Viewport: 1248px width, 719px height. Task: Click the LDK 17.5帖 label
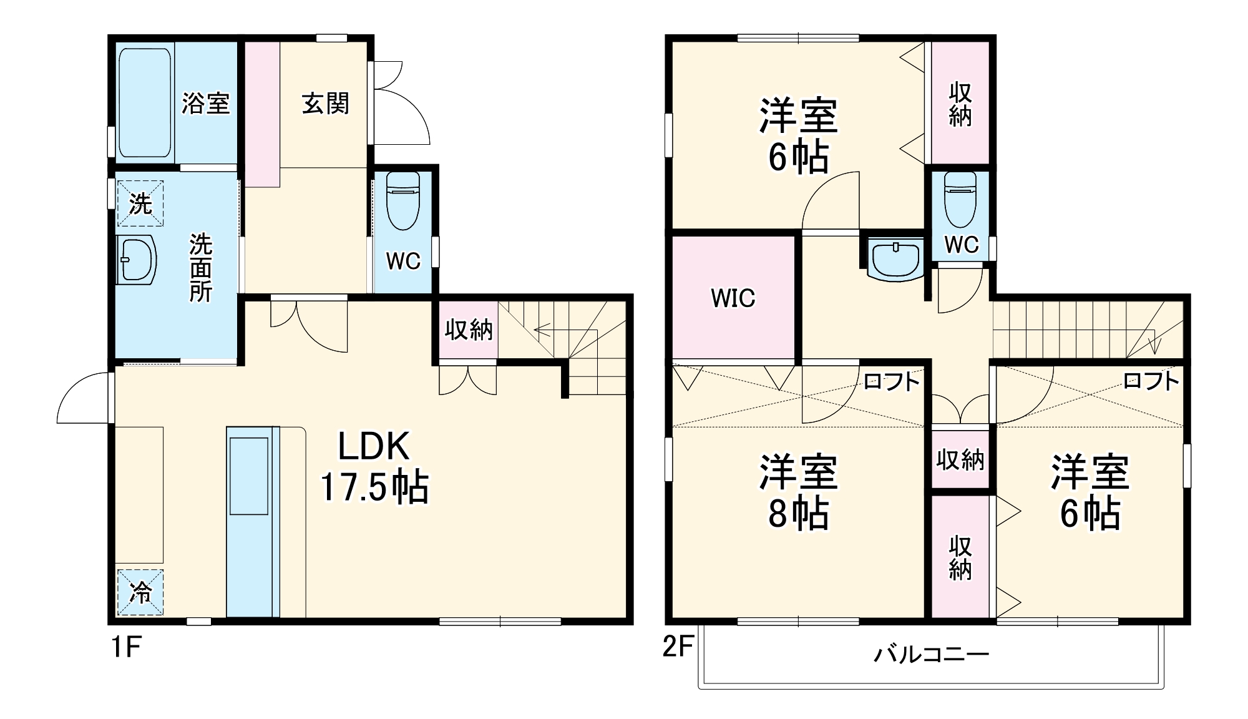pos(374,467)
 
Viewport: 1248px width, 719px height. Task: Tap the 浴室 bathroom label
pos(206,103)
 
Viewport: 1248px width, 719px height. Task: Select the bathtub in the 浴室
pos(144,103)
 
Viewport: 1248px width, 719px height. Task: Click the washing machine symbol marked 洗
pos(140,203)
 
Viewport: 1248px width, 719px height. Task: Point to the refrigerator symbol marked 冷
pos(140,592)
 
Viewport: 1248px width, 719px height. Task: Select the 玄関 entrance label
pos(325,104)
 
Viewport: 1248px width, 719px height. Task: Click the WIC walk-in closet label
pos(733,298)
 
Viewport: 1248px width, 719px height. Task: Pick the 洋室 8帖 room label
pos(798,493)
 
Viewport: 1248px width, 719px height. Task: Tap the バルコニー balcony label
pos(931,655)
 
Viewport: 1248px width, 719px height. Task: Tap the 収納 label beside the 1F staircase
pos(468,330)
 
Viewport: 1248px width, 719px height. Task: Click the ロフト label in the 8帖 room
pos(892,381)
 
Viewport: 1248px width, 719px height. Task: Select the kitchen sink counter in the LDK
pos(250,521)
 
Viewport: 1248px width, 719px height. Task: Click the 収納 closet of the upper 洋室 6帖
pos(960,104)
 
